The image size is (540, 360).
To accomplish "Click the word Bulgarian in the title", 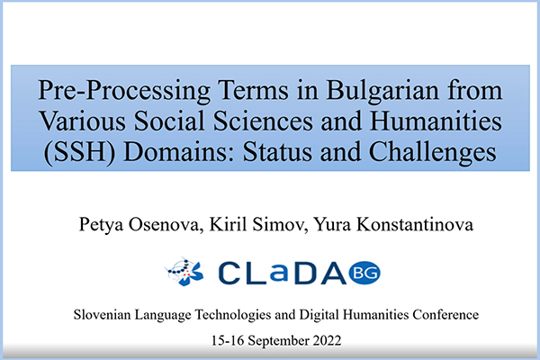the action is point(382,91).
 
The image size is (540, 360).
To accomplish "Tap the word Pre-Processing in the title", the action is point(124,91).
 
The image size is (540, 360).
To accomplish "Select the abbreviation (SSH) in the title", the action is point(79,153).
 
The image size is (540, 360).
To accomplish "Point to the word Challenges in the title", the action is point(433,153).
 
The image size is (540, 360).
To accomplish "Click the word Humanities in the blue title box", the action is point(436,121).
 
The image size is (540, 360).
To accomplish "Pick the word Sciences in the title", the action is point(263,121).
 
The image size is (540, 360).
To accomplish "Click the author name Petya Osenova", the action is point(139,225).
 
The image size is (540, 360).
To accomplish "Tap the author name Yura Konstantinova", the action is point(393,224).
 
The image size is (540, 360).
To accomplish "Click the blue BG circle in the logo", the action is point(364,273).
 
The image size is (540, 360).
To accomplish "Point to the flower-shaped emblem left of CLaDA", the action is point(184,272).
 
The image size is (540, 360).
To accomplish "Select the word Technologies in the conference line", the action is point(233,315).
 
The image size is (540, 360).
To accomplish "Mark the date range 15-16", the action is point(228,341).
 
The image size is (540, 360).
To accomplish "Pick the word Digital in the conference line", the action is point(319,315).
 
